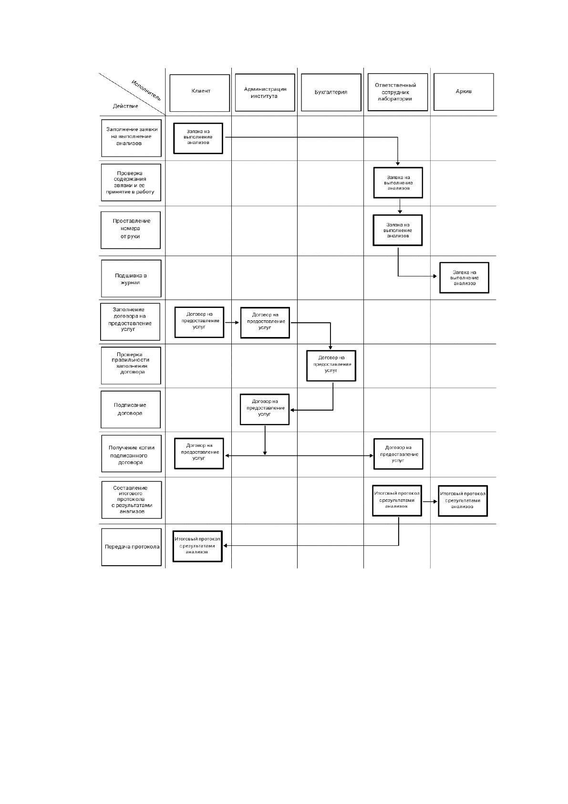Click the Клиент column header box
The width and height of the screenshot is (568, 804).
[x=199, y=93]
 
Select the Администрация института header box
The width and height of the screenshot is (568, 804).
[x=265, y=93]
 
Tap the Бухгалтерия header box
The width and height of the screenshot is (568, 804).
[x=331, y=92]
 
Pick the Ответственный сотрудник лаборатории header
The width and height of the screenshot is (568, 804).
[x=398, y=92]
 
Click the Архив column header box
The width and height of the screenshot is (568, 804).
[x=464, y=92]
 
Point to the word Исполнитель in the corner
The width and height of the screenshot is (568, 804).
[x=146, y=90]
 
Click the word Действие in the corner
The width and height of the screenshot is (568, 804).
[x=125, y=106]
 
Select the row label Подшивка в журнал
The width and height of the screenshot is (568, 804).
[x=131, y=278]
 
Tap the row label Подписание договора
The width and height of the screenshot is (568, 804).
[x=131, y=409]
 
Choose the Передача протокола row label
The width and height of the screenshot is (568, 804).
[x=131, y=547]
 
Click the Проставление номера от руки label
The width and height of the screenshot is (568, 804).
[x=131, y=230]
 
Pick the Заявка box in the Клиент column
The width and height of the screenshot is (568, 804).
[x=198, y=138]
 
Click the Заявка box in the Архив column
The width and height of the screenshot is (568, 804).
[x=465, y=277]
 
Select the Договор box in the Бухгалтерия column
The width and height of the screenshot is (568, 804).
[x=331, y=365]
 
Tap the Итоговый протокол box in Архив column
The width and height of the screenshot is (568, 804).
[x=463, y=501]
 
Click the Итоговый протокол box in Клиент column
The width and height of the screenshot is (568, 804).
[x=197, y=546]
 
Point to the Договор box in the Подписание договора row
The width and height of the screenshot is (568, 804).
[x=265, y=409]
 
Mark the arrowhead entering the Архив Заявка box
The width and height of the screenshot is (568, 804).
[x=435, y=276]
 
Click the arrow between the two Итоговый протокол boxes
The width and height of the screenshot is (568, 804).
[x=430, y=501]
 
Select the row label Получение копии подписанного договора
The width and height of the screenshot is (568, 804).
[x=131, y=454]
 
